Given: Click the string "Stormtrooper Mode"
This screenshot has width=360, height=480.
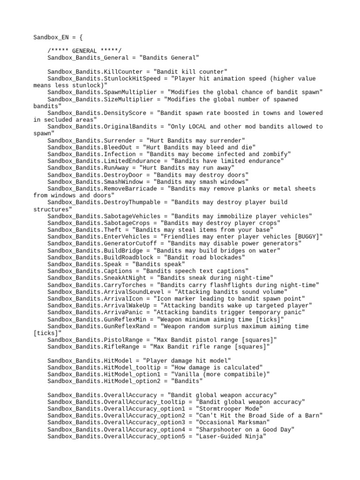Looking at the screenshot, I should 229,409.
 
